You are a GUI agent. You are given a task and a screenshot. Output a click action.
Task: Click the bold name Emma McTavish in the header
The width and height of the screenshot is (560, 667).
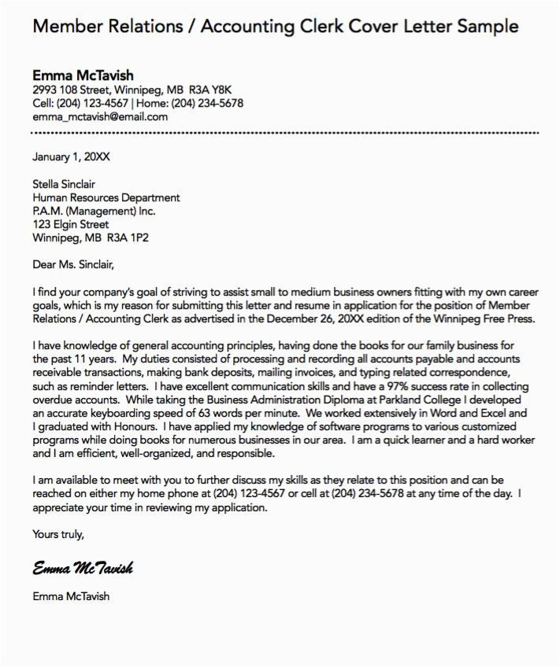pyautogui.click(x=83, y=76)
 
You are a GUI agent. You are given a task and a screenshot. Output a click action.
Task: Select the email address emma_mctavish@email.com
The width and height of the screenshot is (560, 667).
pyautogui.click(x=100, y=116)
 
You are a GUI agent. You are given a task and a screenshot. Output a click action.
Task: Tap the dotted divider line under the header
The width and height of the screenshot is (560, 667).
pyautogui.click(x=284, y=132)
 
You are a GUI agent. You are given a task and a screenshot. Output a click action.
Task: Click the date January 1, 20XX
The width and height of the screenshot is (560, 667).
pyautogui.click(x=71, y=157)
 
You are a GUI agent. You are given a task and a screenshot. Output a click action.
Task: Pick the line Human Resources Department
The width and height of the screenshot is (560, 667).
pyautogui.click(x=106, y=197)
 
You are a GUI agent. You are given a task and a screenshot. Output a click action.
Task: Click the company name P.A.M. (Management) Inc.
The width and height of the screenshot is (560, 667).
pyautogui.click(x=94, y=211)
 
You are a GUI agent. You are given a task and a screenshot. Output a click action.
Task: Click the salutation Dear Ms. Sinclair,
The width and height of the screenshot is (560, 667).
pyautogui.click(x=78, y=264)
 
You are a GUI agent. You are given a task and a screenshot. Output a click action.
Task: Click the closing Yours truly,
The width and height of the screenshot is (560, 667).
pyautogui.click(x=57, y=534)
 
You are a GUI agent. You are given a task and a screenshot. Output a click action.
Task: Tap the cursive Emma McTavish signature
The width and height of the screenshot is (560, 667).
pyautogui.click(x=83, y=568)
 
